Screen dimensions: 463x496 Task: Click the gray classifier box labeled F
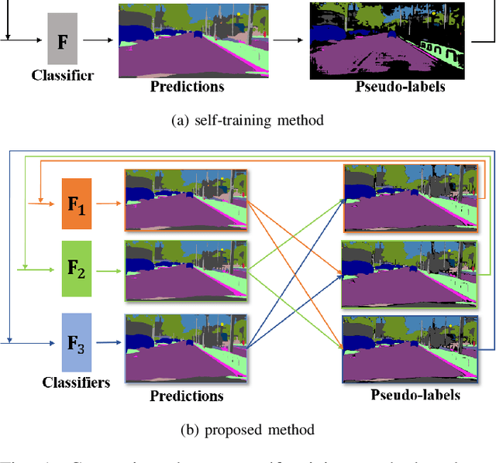[x=63, y=38]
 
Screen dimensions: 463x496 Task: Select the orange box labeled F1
[x=77, y=204]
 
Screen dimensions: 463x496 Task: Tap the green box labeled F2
[x=77, y=269]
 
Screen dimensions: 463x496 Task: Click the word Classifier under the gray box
[x=63, y=75]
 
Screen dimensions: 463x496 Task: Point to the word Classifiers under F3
[x=77, y=382]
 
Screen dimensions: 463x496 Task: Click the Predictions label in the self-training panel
[x=187, y=87]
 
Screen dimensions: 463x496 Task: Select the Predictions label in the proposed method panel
[x=186, y=396]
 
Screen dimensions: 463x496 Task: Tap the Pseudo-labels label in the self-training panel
[x=400, y=86]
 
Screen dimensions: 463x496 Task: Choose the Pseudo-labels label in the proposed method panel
[x=415, y=395]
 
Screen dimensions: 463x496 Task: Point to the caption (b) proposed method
[x=248, y=429]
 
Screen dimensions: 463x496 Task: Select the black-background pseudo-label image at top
[x=387, y=40]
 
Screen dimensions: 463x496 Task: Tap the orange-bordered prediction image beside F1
[x=186, y=200]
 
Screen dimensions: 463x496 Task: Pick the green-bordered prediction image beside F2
[x=186, y=270]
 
